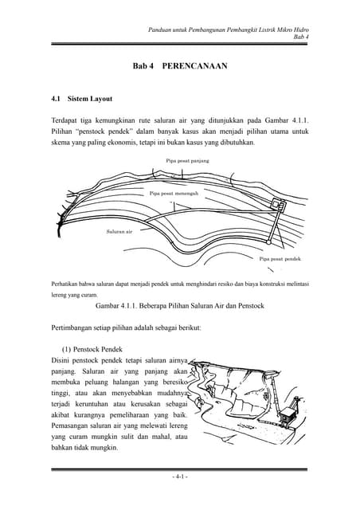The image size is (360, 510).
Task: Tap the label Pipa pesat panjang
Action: click(x=187, y=160)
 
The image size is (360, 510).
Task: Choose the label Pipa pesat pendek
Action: click(x=280, y=259)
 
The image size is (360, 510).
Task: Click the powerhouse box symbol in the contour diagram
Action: click(x=277, y=205)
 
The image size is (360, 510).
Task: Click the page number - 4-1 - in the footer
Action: click(x=180, y=477)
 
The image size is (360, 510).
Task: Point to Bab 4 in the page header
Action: click(x=302, y=37)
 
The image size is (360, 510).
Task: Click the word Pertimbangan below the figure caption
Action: click(x=76, y=328)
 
